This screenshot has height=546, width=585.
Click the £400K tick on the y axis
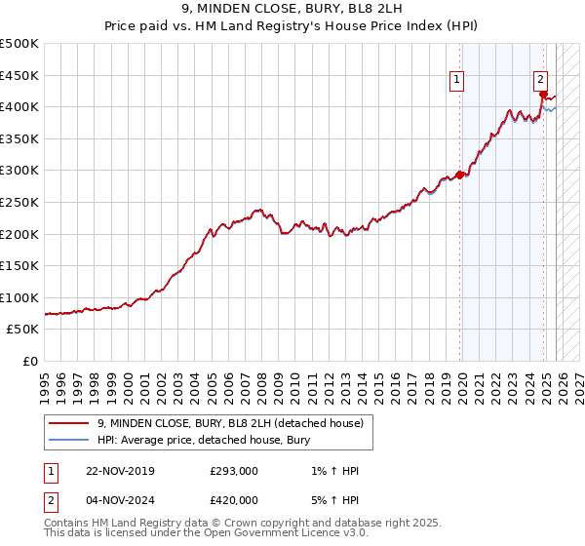point(19,107)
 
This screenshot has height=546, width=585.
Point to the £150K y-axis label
point(19,265)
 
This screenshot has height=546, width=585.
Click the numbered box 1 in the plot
point(456,81)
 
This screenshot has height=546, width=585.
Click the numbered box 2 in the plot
point(540,81)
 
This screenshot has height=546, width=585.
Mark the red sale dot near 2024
point(543,94)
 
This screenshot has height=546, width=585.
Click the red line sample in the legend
point(68,423)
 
